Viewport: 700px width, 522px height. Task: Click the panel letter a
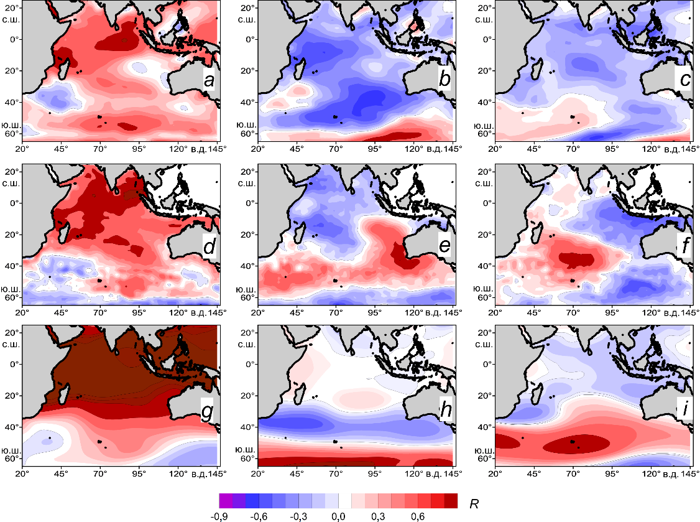209,82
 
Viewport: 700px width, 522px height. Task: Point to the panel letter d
209,248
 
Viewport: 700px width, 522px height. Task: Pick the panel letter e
444,248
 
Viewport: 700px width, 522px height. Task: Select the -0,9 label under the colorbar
228,517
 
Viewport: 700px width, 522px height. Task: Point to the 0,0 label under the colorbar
339,517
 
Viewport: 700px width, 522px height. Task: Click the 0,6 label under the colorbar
418,517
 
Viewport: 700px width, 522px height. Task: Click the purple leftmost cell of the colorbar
226,501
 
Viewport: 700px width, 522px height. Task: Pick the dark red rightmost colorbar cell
451,501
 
